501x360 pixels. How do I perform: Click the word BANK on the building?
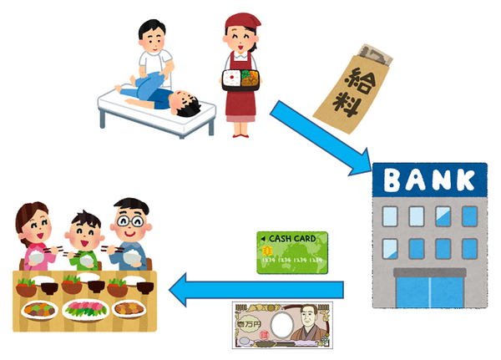[429, 180]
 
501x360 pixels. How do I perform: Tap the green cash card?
[292, 252]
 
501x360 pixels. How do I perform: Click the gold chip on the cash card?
[267, 251]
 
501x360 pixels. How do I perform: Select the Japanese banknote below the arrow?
[282, 325]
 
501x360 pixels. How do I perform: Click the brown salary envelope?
[352, 89]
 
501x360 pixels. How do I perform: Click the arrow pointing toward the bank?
[321, 138]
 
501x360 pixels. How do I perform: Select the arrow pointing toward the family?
[256, 290]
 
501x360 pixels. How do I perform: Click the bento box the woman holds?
[241, 79]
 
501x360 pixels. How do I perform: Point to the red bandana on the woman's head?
[242, 21]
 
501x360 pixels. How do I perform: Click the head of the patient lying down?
[185, 103]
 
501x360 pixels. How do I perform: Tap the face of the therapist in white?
[154, 41]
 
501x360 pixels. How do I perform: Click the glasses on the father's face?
[130, 221]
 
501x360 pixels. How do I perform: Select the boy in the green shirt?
[84, 241]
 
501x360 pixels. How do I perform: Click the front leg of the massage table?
[102, 118]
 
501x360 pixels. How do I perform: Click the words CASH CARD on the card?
[292, 239]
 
